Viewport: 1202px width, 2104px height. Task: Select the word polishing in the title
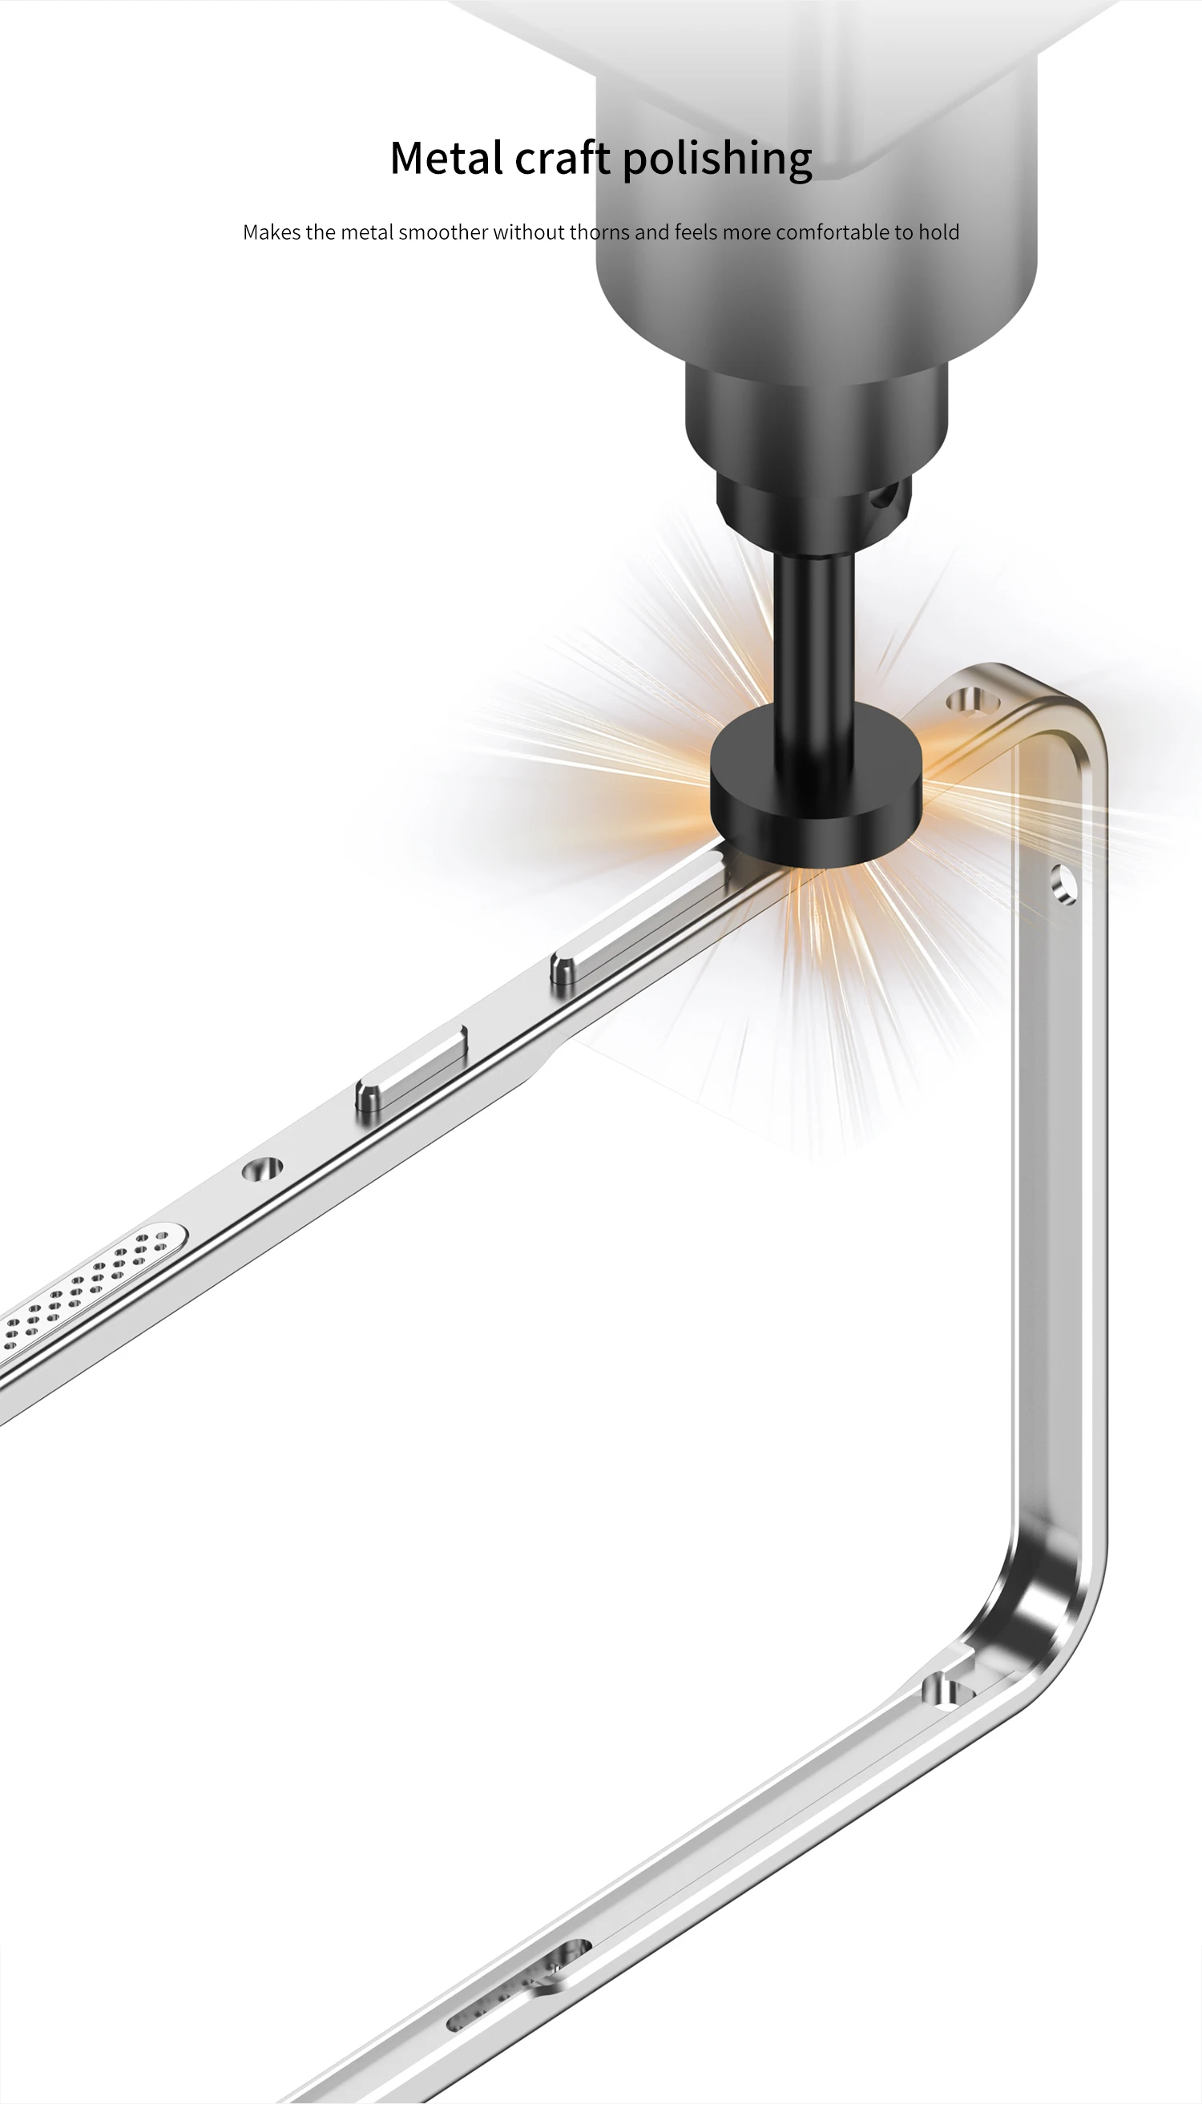click(717, 159)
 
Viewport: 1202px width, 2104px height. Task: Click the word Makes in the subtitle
click(272, 232)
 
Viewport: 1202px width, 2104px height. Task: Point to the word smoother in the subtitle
click(443, 232)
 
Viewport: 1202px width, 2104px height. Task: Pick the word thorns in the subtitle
click(600, 232)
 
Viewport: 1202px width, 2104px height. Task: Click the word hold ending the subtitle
click(938, 232)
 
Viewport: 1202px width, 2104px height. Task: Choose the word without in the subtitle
click(529, 232)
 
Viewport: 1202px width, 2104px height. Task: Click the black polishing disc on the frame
click(815, 796)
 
